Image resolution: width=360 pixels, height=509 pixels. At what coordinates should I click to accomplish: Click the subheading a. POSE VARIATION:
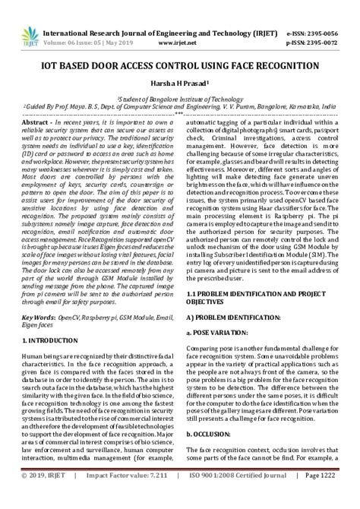221,332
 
